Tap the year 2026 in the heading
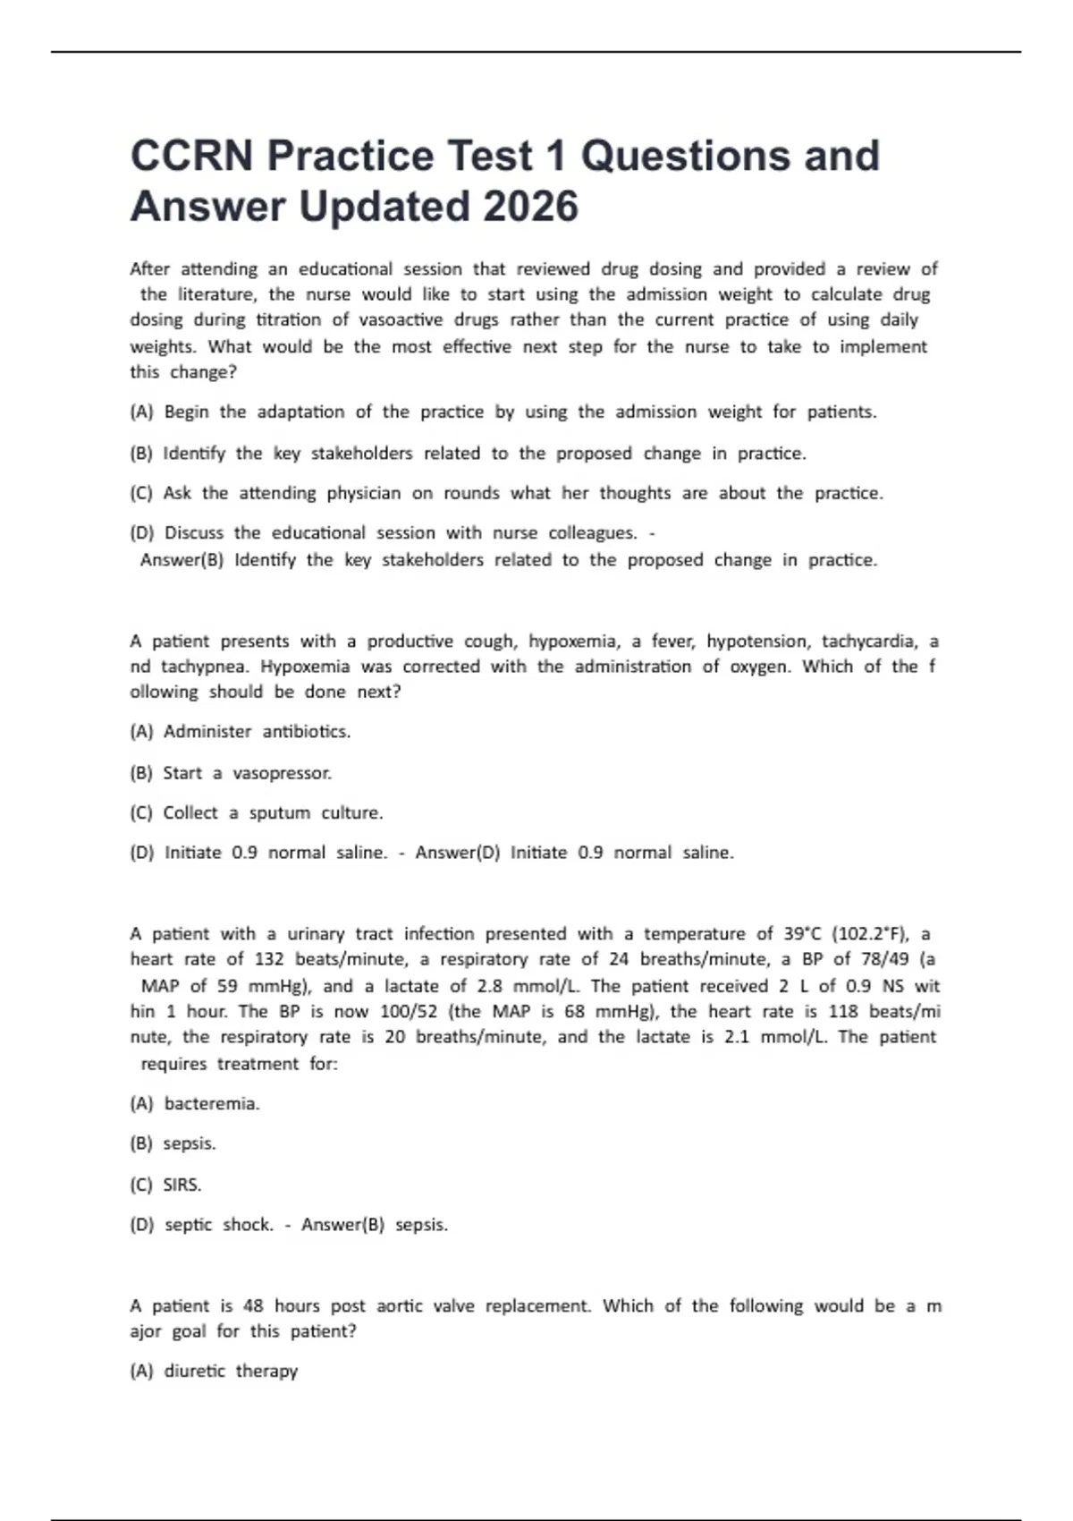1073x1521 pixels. coord(530,207)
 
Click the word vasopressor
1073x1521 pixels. coord(282,773)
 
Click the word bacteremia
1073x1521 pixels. coord(212,1104)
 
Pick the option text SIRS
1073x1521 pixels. coord(182,1185)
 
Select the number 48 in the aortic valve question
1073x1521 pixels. coord(253,1306)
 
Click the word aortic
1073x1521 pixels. coord(399,1306)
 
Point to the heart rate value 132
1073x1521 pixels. coord(269,959)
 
